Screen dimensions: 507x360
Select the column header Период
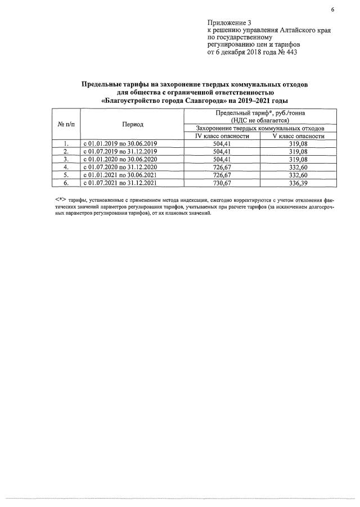(x=133, y=124)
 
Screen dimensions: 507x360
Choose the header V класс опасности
(x=299, y=136)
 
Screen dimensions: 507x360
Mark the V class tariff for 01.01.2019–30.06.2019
(x=299, y=144)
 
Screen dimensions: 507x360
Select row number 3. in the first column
(x=65, y=159)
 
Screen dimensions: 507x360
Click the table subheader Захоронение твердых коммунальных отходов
(x=259, y=129)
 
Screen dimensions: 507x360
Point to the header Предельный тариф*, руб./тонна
(x=260, y=113)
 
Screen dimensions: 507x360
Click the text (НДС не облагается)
(x=260, y=120)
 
